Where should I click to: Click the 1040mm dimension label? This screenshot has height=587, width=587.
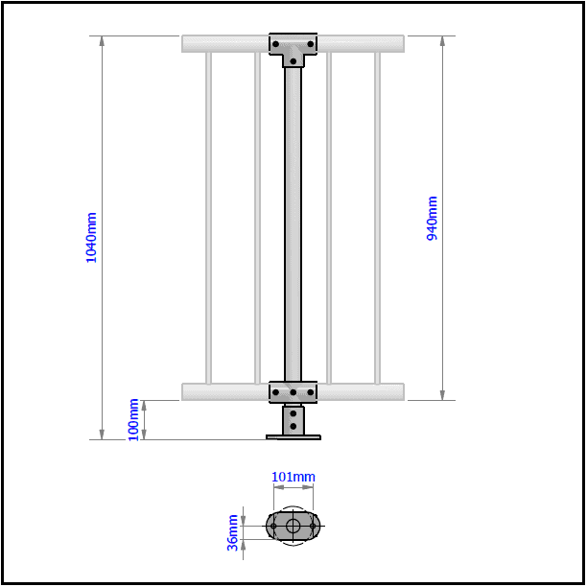tap(92, 238)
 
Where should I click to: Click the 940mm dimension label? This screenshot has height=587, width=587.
tap(432, 219)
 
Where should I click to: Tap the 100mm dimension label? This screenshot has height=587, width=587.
tap(133, 419)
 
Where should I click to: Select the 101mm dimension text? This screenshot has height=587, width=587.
tap(293, 477)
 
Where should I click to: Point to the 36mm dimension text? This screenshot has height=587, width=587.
tap(233, 532)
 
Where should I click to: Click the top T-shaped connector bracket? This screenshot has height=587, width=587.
tap(293, 48)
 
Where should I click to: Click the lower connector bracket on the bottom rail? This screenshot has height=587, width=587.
tap(293, 391)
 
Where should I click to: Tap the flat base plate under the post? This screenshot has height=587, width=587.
tap(293, 437)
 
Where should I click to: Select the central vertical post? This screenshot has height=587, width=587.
tap(293, 221)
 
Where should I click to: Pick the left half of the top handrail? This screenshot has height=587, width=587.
tap(225, 43)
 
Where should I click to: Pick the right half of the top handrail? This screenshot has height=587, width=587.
tap(361, 43)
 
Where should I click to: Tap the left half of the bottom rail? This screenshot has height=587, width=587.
tap(225, 391)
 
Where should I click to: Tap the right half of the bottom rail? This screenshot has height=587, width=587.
tap(361, 391)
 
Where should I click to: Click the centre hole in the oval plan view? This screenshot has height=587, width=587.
tap(293, 526)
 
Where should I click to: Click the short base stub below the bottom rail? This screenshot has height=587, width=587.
tap(293, 419)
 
